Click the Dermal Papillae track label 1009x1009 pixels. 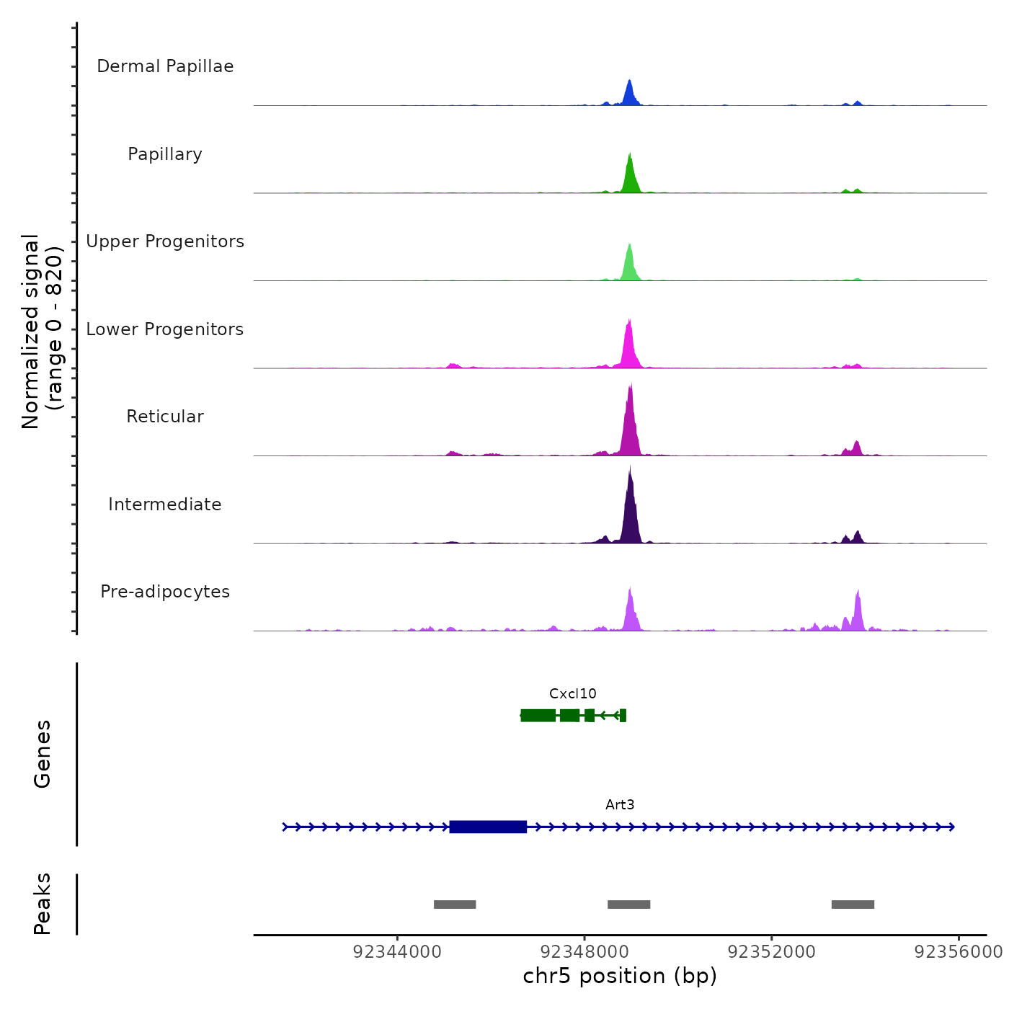[x=165, y=66]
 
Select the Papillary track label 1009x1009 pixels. [x=165, y=154]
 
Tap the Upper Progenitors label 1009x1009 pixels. [x=165, y=241]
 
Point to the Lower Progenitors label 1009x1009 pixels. [x=165, y=329]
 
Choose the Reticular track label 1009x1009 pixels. [x=165, y=417]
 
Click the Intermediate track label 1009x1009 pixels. [x=165, y=504]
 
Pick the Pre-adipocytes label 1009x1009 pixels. [x=165, y=592]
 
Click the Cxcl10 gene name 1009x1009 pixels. [x=573, y=694]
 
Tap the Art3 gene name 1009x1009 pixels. [x=620, y=805]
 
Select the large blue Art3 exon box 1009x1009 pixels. [x=488, y=827]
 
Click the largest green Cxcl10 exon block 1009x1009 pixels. [x=538, y=715]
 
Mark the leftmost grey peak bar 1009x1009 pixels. [x=455, y=904]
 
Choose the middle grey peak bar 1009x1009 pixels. [x=628, y=904]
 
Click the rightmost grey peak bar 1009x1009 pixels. [x=853, y=904]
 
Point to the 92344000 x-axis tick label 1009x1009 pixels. [x=397, y=952]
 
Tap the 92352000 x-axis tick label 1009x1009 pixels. [x=772, y=952]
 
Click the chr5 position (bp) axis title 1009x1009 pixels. [x=620, y=976]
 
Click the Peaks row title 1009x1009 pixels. [x=43, y=904]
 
